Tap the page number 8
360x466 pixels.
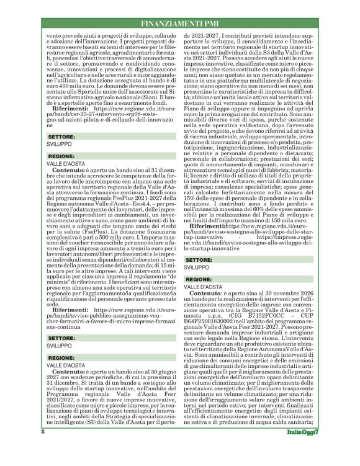(42, 448)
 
